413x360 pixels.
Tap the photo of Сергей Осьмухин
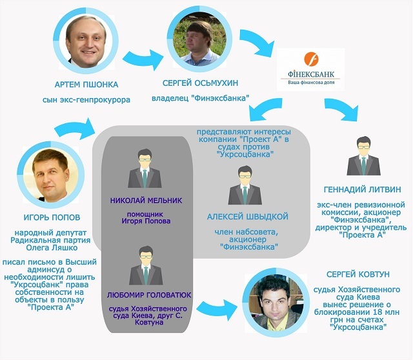point(192,39)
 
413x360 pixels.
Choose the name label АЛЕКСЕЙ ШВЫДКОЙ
point(248,216)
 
